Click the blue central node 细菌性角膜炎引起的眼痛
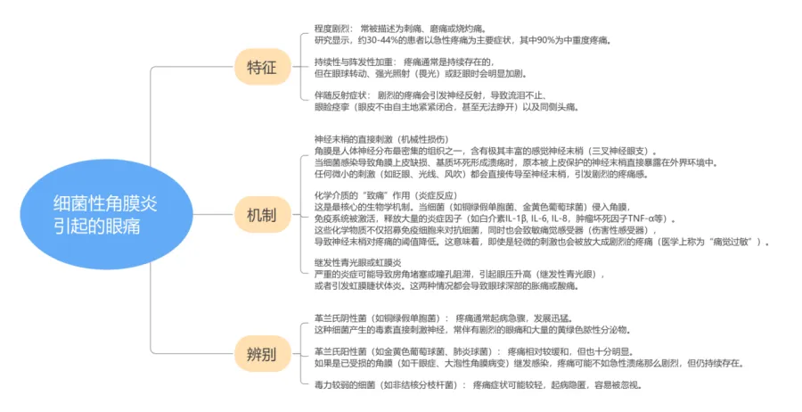point(103,215)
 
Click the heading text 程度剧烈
point(333,29)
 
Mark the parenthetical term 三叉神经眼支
point(624,151)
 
